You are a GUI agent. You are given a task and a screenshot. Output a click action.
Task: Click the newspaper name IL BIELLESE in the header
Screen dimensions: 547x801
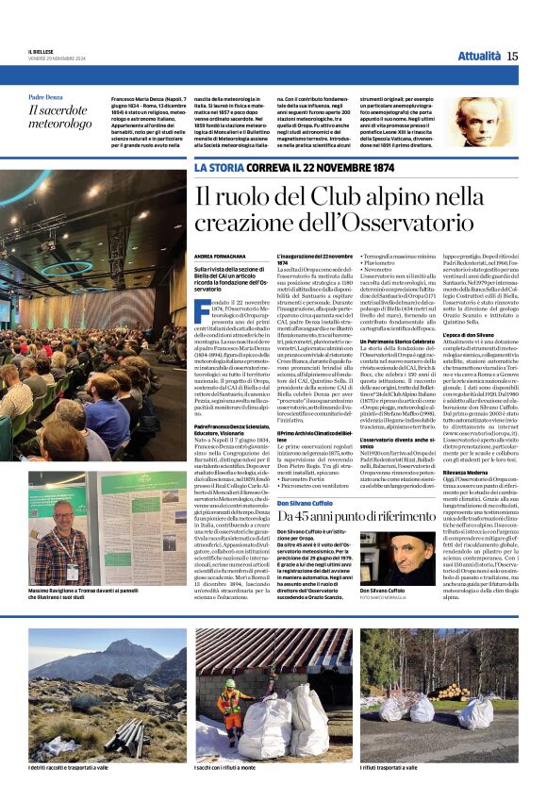click(x=42, y=53)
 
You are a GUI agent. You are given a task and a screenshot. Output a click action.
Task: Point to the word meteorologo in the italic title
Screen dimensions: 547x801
click(x=60, y=124)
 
